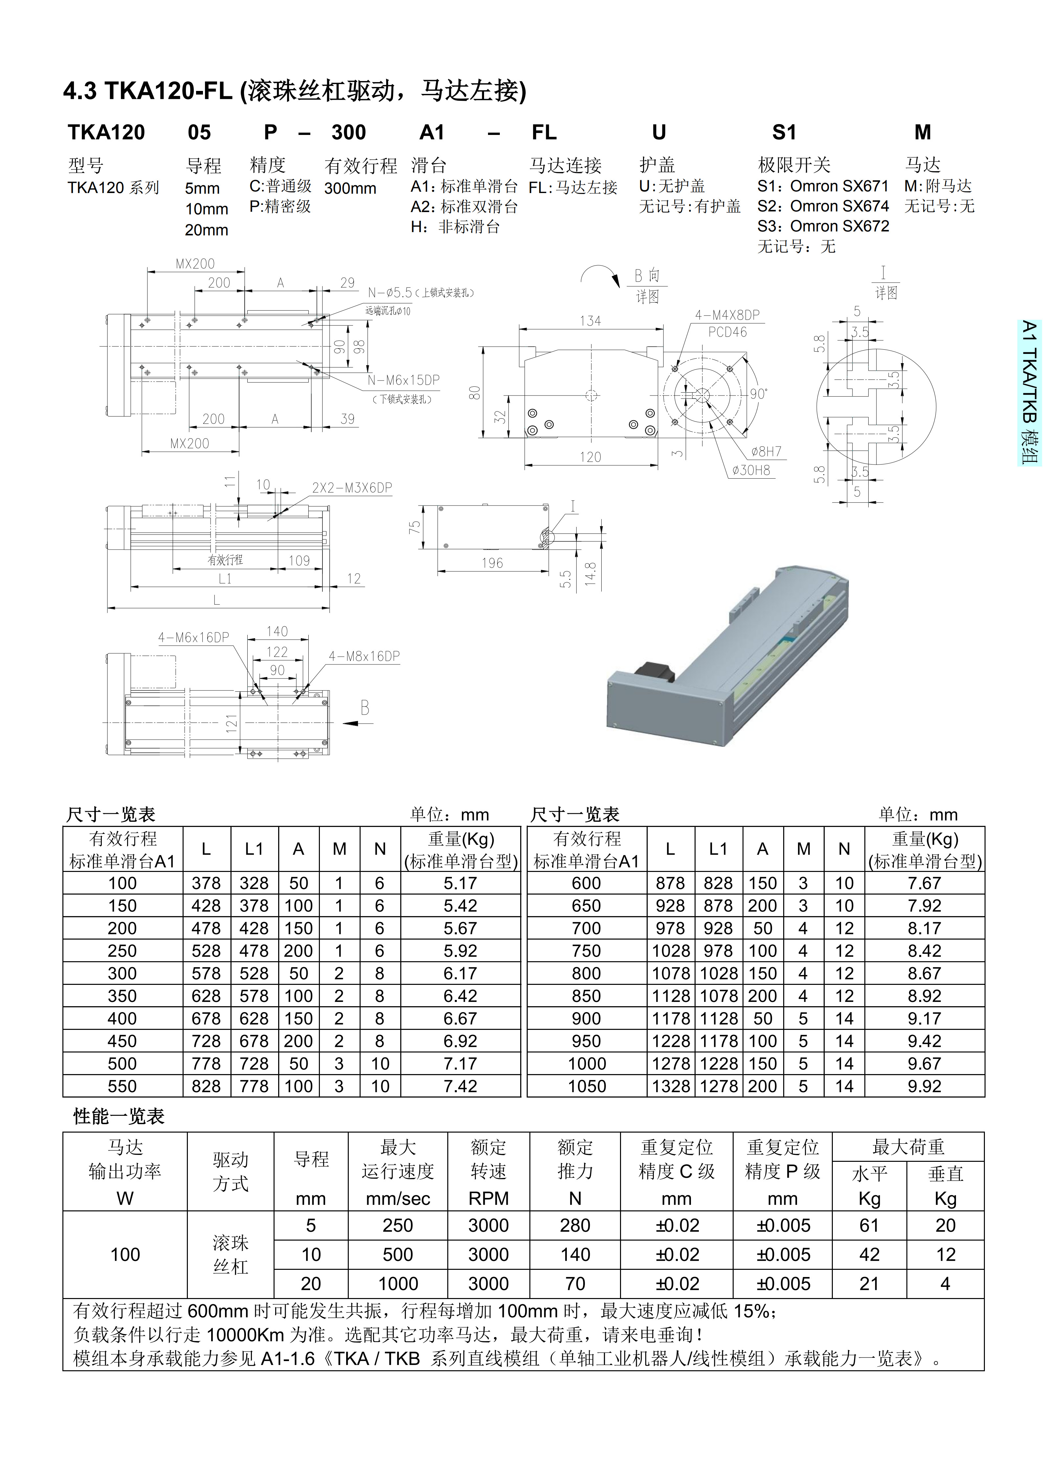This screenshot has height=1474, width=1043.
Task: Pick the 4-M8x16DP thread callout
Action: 364,656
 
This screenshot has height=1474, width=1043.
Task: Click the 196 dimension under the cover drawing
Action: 492,563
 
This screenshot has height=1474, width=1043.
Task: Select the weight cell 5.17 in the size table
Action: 460,883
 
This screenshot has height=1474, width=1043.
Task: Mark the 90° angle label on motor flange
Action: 759,394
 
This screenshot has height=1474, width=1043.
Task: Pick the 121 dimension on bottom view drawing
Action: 231,724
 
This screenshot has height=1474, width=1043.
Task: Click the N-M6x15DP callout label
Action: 403,380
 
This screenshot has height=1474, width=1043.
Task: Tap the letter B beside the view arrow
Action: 365,708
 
